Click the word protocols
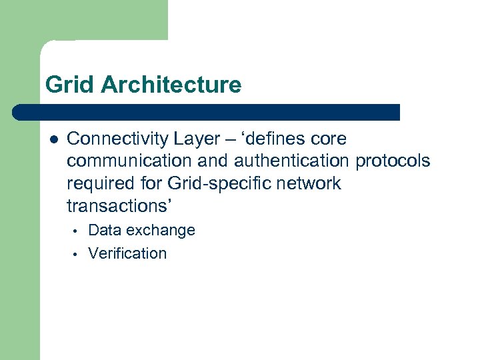(x=393, y=161)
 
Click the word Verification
(x=127, y=253)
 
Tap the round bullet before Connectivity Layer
(x=53, y=139)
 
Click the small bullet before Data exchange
(x=77, y=231)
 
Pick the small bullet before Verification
(x=77, y=254)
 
